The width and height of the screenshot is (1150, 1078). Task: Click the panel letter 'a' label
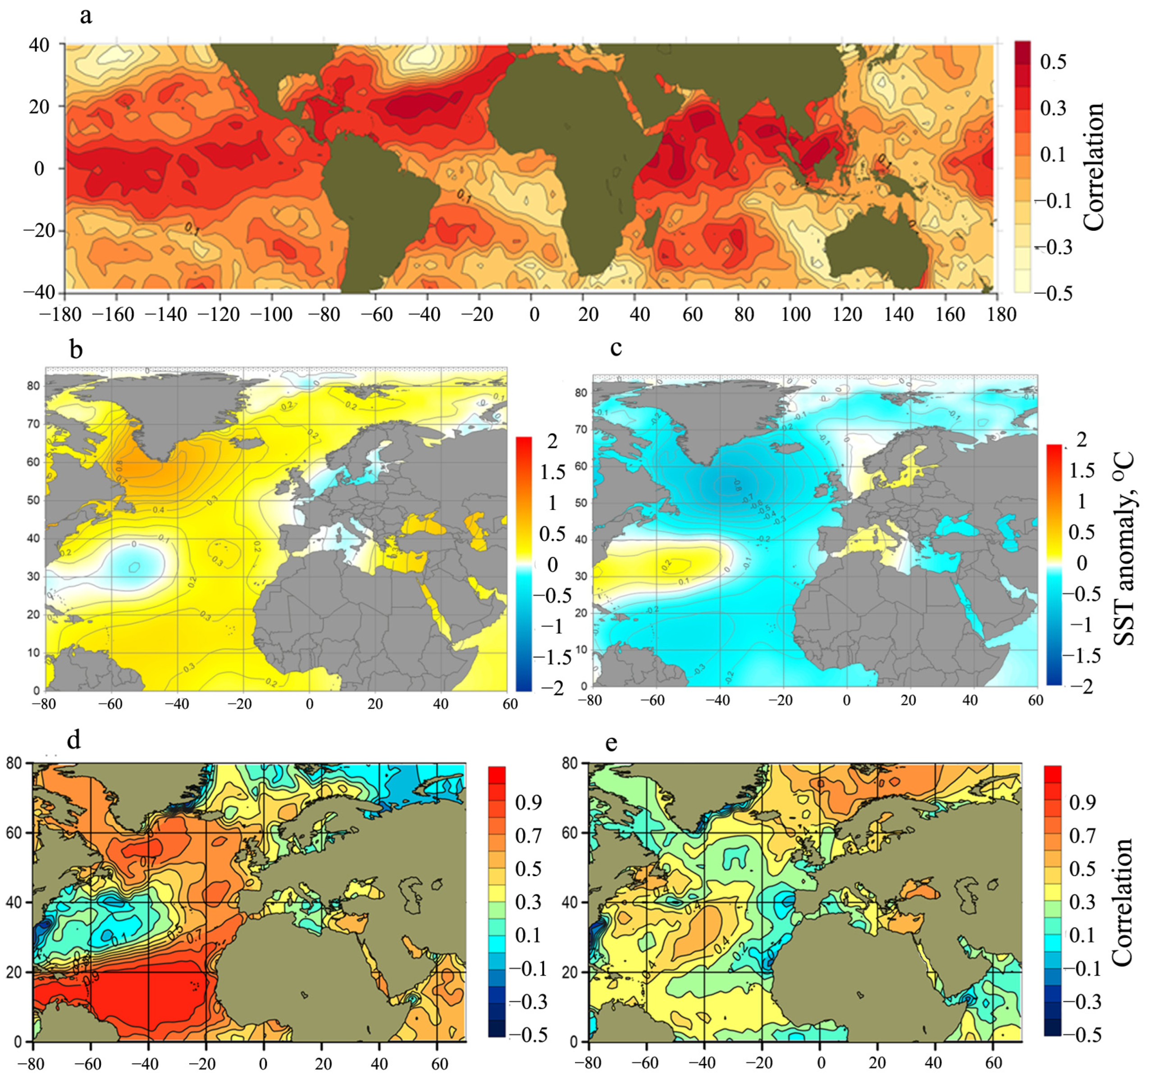[x=86, y=16]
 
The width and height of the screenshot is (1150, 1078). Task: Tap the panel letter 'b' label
[x=76, y=350]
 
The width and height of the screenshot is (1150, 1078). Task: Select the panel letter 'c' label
[x=616, y=348]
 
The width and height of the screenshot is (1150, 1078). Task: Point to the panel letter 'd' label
[x=73, y=740]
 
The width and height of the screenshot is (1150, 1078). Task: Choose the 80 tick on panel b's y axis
[x=33, y=386]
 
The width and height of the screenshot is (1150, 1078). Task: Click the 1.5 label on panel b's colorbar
[x=552, y=472]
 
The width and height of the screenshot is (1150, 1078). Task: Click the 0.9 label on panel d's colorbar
[x=528, y=803]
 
